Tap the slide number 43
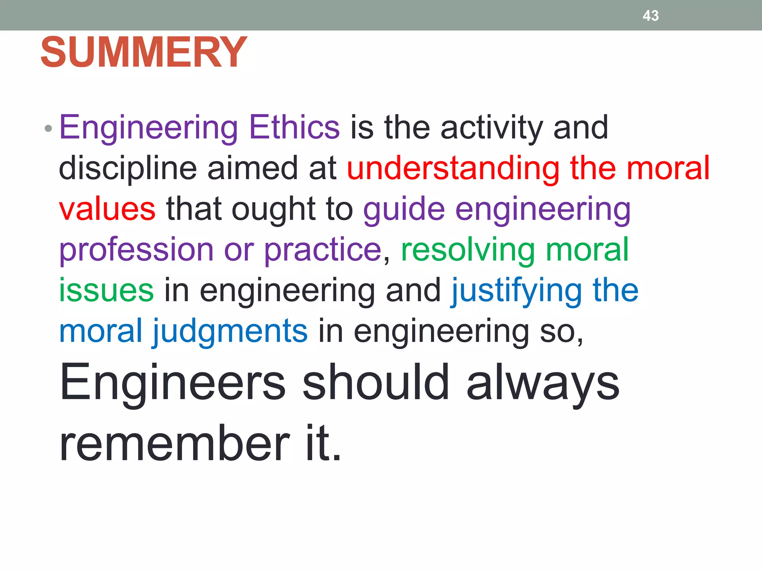650,16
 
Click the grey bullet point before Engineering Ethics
48,129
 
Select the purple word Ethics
294,127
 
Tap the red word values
107,209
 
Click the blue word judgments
230,332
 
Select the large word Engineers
173,384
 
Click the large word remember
175,443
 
